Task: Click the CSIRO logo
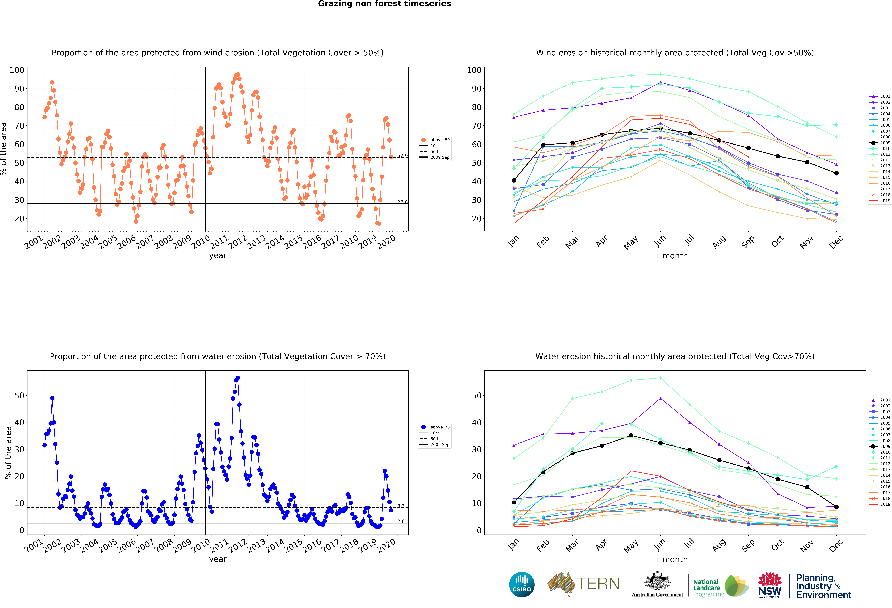click(522, 585)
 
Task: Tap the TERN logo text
click(598, 584)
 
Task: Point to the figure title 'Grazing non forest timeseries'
click(384, 4)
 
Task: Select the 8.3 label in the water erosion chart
click(401, 506)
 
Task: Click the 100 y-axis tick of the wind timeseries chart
click(17, 70)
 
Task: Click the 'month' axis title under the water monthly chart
click(675, 559)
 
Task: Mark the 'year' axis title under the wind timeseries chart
click(218, 256)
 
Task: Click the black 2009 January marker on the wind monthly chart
click(514, 180)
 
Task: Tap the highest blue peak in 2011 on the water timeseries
click(238, 378)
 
